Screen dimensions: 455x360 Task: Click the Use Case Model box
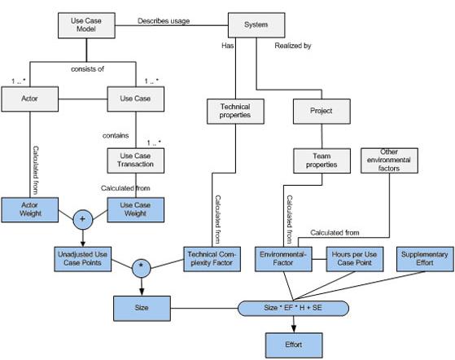click(86, 25)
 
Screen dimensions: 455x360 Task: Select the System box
click(256, 25)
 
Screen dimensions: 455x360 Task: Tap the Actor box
click(29, 99)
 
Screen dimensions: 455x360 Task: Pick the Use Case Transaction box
click(135, 160)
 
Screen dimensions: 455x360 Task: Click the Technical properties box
click(235, 112)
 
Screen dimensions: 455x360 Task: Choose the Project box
click(322, 112)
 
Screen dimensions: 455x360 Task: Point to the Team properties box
click(322, 160)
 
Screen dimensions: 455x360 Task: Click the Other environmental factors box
click(389, 160)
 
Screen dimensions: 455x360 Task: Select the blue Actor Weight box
click(29, 210)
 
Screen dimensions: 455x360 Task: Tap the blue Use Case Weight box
click(135, 210)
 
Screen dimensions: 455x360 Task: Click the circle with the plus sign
click(83, 219)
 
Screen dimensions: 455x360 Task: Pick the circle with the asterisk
click(142, 268)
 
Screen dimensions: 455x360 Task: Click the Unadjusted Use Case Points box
click(83, 259)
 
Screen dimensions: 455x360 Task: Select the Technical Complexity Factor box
click(212, 259)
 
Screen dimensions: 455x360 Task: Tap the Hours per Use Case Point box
click(355, 259)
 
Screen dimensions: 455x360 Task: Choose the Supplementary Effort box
click(425, 259)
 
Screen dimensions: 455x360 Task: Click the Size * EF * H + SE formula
click(293, 309)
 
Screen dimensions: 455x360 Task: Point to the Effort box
click(294, 345)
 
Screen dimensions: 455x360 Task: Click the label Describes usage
click(164, 21)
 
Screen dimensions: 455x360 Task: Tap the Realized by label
click(293, 46)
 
